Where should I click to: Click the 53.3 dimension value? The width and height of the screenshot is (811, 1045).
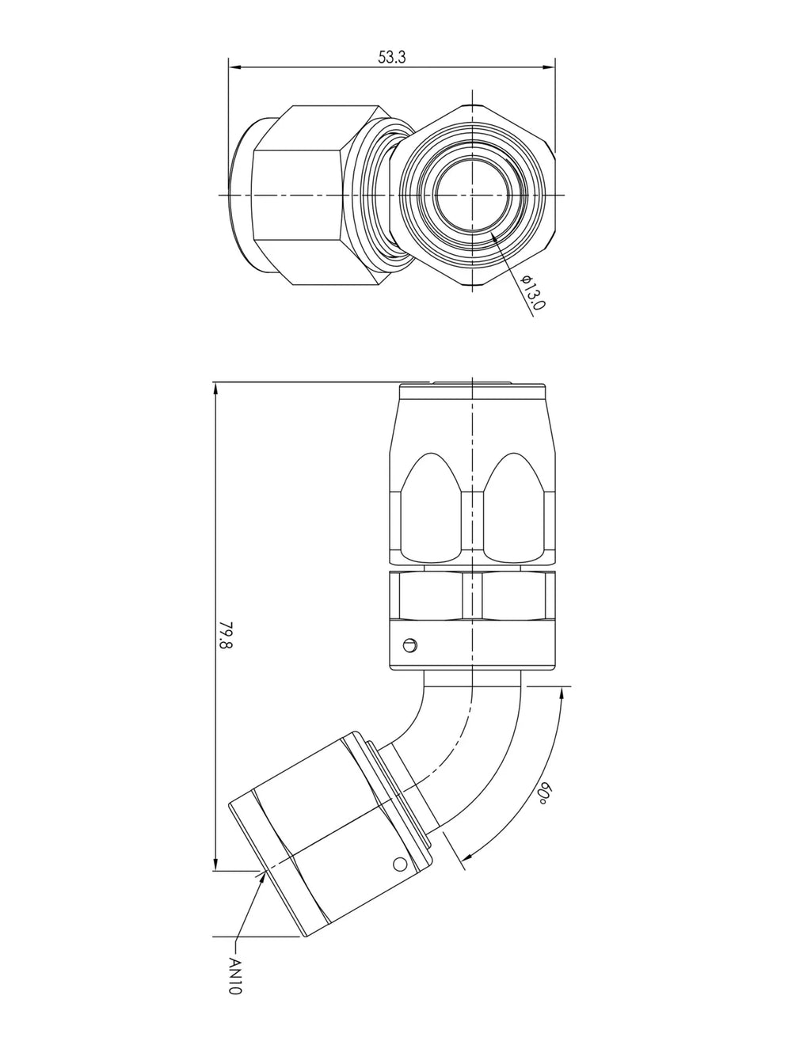tap(391, 57)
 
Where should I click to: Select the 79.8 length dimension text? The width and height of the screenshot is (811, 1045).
tap(226, 635)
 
